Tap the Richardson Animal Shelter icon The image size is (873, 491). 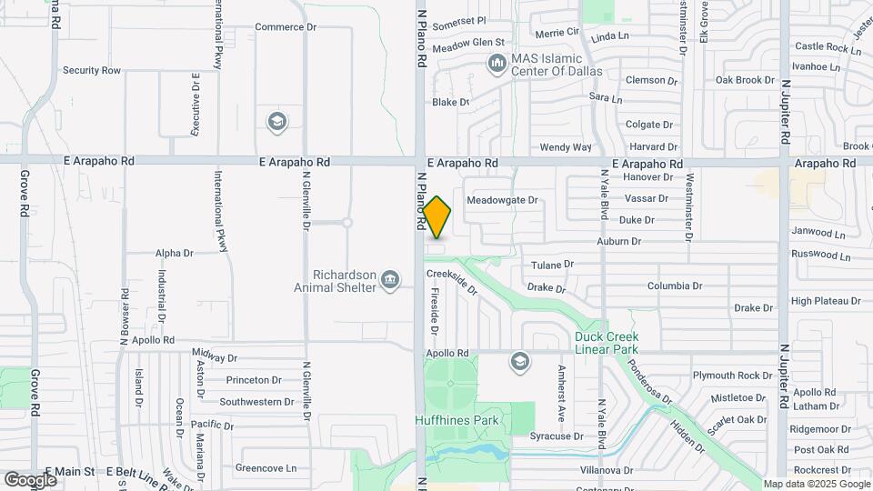tap(390, 279)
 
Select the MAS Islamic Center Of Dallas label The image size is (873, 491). tap(557, 64)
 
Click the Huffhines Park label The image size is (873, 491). tap(457, 420)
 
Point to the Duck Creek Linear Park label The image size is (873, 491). tap(607, 343)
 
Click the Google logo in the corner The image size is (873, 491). tap(30, 479)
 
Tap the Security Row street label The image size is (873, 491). tap(91, 70)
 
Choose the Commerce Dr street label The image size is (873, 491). tap(285, 27)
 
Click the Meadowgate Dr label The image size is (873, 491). tap(502, 200)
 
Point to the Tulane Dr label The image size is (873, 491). tap(553, 265)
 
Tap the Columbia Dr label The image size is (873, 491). tap(675, 286)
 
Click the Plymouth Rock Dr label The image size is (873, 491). tap(732, 375)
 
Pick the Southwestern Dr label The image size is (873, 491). tap(256, 401)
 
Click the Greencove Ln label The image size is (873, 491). tap(266, 468)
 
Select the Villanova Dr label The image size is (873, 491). tap(607, 470)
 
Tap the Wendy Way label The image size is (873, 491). tap(566, 147)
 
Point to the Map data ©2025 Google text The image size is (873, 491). tap(816, 485)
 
